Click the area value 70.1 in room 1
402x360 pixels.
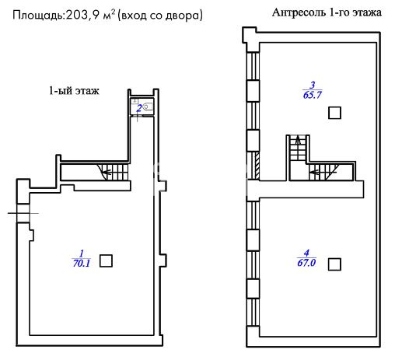point(82,263)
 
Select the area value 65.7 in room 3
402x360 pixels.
point(313,95)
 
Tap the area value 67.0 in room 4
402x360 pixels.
point(306,263)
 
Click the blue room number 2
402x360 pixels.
point(139,108)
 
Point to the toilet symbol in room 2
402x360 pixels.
point(148,107)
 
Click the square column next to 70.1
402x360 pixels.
point(106,260)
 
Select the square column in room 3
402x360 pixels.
point(334,113)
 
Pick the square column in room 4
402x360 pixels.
point(334,264)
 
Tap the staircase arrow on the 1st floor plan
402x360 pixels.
point(107,172)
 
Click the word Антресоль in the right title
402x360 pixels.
point(299,12)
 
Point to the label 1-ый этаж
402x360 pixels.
point(74,91)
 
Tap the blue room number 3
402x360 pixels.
point(313,85)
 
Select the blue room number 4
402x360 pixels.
point(306,253)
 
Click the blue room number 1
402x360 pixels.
point(82,253)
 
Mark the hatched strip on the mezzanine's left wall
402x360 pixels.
point(257,166)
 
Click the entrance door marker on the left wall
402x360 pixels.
point(23,213)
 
